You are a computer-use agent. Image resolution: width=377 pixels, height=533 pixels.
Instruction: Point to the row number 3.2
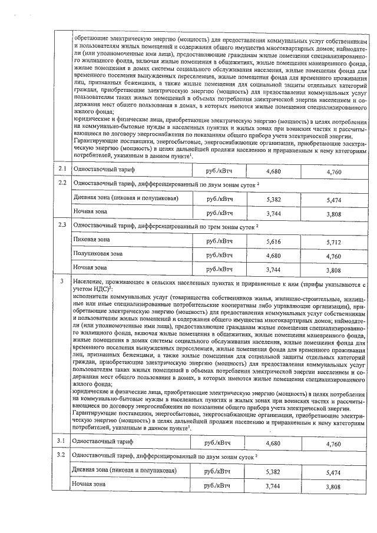coord(61,455)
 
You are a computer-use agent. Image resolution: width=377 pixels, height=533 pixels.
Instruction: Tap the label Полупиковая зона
coord(98,254)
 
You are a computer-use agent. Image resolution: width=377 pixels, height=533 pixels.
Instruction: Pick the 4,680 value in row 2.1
coord(273,170)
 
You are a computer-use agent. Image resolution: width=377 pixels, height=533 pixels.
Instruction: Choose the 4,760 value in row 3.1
coord(334,442)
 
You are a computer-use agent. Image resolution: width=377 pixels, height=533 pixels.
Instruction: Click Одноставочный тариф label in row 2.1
coord(103,170)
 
